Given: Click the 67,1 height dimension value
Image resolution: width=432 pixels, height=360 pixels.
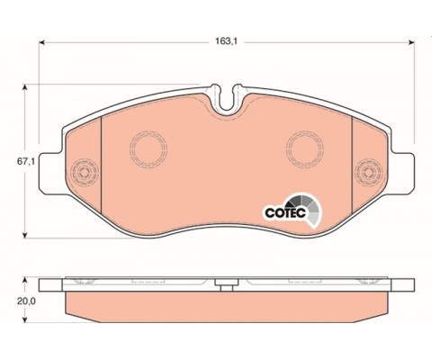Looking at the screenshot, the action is [26, 161].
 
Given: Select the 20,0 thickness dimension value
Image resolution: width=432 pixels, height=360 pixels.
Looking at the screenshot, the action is [26, 301].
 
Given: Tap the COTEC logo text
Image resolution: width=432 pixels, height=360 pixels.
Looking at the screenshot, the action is [285, 212].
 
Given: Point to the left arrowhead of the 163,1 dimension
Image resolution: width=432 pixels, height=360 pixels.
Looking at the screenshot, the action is [42, 42].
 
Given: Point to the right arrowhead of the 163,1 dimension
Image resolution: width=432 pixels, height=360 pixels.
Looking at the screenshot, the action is [411, 42].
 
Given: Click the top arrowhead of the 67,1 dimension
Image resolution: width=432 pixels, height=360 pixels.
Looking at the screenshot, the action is [25, 87].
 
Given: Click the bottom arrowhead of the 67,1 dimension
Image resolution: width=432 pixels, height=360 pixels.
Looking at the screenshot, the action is [25, 235].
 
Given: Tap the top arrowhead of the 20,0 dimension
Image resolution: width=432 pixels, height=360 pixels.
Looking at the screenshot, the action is [25, 281].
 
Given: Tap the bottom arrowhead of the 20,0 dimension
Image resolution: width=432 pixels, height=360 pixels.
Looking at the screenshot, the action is [25, 319].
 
